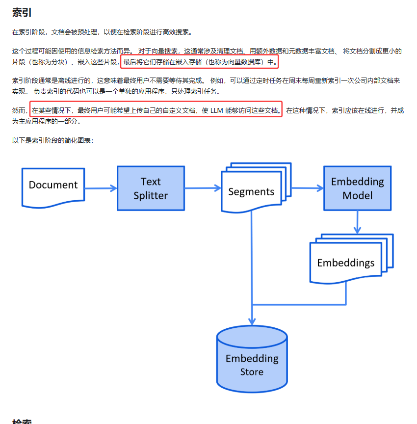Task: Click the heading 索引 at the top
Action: (x=22, y=13)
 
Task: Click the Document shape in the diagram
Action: (x=53, y=185)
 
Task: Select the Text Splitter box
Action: (x=151, y=188)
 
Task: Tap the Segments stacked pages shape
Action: (x=251, y=191)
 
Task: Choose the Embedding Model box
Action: (x=357, y=188)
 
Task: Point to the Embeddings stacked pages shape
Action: (x=345, y=263)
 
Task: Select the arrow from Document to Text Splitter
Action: (x=101, y=188)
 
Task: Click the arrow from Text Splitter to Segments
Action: (x=203, y=187)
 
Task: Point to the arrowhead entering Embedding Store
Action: (x=252, y=320)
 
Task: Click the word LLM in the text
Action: (x=216, y=110)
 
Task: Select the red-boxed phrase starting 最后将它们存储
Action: (x=200, y=62)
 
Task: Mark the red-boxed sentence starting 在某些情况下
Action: (x=156, y=110)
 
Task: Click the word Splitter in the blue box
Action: (x=151, y=195)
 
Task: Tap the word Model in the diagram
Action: (x=357, y=195)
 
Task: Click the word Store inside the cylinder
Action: (x=252, y=372)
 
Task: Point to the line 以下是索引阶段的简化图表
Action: (x=52, y=140)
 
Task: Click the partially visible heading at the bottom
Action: (x=22, y=421)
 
